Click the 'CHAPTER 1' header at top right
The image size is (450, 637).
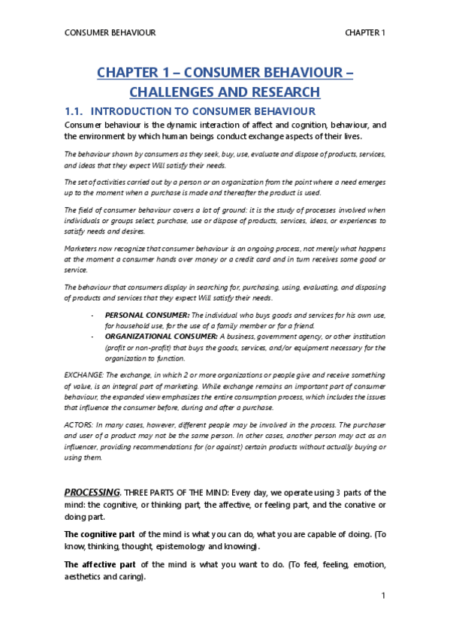[x=365, y=33]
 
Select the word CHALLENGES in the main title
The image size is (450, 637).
[x=174, y=92]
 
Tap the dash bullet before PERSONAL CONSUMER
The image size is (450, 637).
[x=92, y=315]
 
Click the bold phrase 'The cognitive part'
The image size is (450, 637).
[x=99, y=533]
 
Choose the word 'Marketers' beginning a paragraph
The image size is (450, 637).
[x=82, y=247]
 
